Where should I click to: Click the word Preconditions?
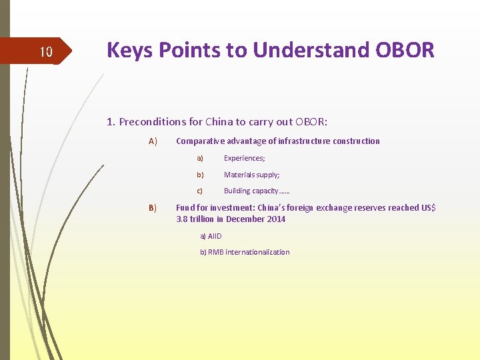click(x=152, y=122)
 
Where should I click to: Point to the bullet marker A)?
click(x=153, y=141)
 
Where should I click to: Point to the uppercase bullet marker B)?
click(x=153, y=208)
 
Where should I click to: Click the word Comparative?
click(x=201, y=141)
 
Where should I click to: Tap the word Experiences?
click(x=243, y=158)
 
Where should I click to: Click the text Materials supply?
click(x=251, y=175)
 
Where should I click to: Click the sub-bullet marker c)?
click(x=199, y=191)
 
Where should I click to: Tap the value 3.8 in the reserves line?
click(x=181, y=219)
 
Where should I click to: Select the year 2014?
click(x=276, y=219)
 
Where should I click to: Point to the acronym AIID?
click(x=215, y=236)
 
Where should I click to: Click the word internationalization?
click(x=257, y=252)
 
